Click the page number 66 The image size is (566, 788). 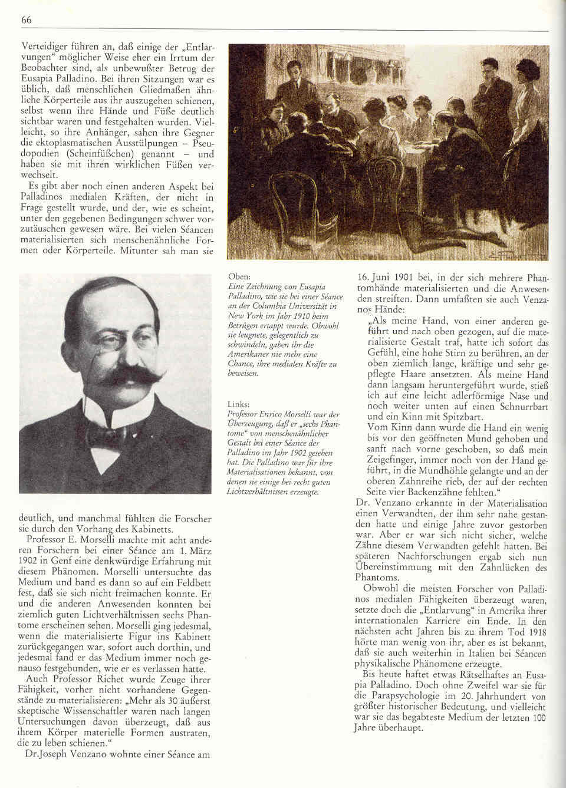[26, 19]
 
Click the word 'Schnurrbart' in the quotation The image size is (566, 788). [524, 407]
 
